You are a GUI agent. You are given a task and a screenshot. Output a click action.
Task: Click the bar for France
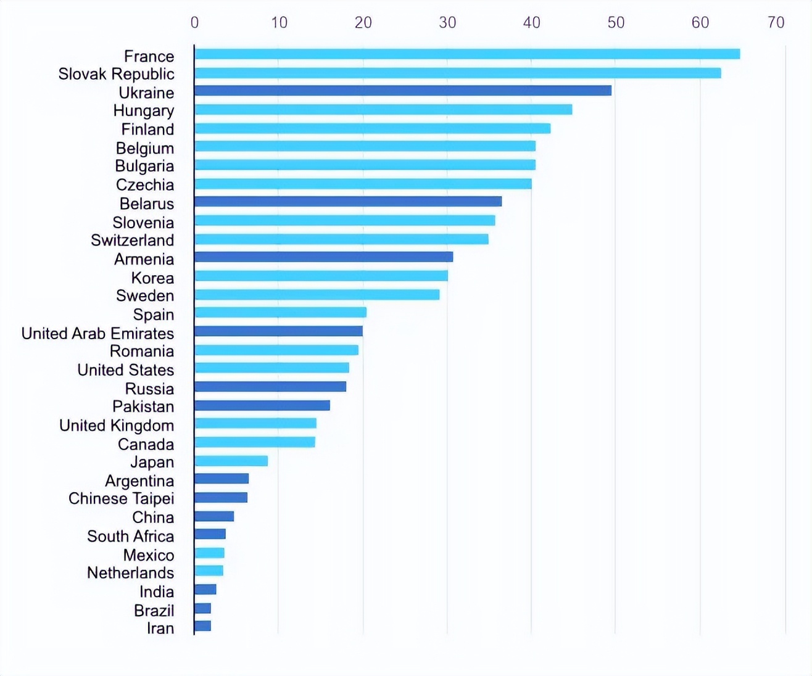467,54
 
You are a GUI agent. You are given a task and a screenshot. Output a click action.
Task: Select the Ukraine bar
403,91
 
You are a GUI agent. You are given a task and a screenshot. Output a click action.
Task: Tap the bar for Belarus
348,202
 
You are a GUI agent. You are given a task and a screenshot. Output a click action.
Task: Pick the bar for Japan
231,461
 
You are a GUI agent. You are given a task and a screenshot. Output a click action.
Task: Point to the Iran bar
203,626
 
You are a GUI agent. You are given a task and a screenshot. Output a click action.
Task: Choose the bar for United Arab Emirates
278,331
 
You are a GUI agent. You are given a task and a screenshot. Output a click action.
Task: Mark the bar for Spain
281,312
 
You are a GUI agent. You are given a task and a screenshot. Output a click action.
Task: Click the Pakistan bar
262,405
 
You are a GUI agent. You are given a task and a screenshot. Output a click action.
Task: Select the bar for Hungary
383,110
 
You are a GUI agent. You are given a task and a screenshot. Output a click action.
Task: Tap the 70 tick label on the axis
776,23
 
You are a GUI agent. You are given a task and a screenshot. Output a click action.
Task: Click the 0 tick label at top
194,23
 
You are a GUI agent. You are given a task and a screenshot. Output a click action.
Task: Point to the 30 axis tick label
447,23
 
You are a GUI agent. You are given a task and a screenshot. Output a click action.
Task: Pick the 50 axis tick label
616,23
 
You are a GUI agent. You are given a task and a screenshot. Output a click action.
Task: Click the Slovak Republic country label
116,74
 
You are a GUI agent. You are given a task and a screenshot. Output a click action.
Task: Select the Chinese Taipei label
121,498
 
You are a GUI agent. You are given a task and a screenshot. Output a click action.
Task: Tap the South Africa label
130,536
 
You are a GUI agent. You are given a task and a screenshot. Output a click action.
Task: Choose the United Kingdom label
116,426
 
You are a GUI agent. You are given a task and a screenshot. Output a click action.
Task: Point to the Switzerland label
132,240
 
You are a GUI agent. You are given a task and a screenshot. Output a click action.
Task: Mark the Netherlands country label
130,573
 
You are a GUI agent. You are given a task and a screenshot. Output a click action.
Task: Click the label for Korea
152,278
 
